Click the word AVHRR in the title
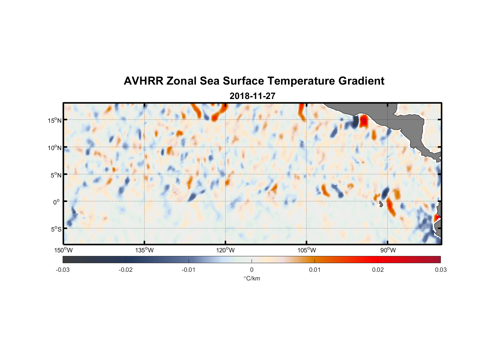point(143,81)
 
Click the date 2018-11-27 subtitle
point(252,96)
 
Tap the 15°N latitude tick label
point(54,120)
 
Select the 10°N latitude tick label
point(54,148)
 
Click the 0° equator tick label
point(57,202)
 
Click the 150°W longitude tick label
point(63,250)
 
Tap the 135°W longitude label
point(144,250)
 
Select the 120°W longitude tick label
point(225,250)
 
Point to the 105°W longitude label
point(307,250)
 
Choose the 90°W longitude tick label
point(388,250)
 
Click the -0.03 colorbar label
point(63,270)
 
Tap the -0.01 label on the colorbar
point(189,270)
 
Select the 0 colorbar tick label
point(252,270)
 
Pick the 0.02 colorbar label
point(378,270)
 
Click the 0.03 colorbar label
point(440,270)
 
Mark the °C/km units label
point(252,278)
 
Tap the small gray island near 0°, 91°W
point(381,204)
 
